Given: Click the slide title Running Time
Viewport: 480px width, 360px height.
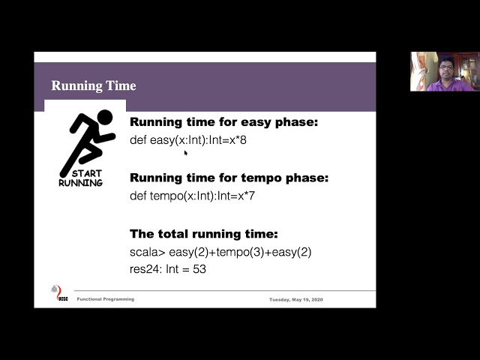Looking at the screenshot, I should pyautogui.click(x=94, y=85).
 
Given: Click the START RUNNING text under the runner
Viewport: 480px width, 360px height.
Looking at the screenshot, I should pyautogui.click(x=81, y=178).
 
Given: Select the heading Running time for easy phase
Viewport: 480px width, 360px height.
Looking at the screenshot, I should pyautogui.click(x=224, y=122).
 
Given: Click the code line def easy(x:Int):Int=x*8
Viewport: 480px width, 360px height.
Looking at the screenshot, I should pyautogui.click(x=187, y=140).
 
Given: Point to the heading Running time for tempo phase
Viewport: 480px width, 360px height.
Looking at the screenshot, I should pyautogui.click(x=229, y=178).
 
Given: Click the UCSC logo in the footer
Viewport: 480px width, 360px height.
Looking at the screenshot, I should pyautogui.click(x=56, y=293).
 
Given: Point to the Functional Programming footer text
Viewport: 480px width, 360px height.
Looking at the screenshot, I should pyautogui.click(x=106, y=299).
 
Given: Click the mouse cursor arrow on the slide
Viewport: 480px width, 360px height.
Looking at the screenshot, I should pyautogui.click(x=186, y=153).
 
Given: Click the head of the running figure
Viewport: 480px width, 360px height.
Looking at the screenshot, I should pyautogui.click(x=104, y=117).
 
